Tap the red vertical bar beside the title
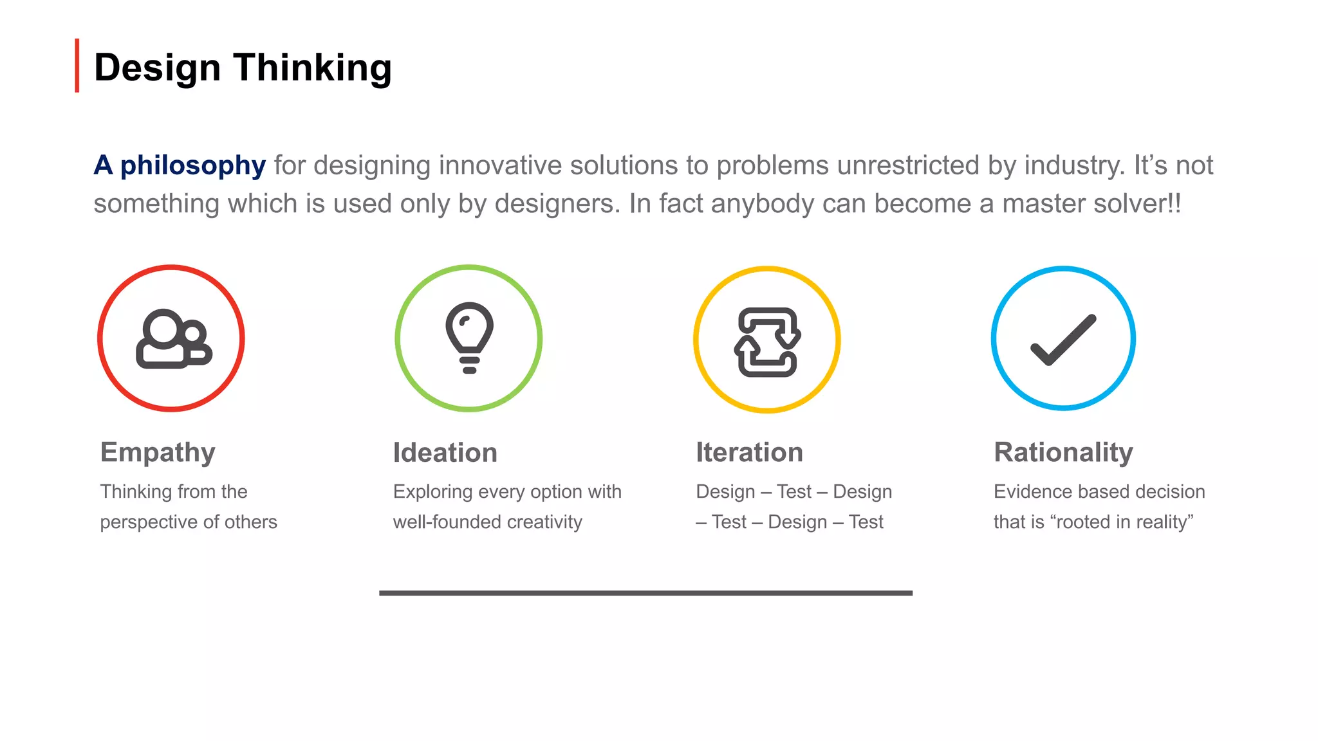pyautogui.click(x=77, y=66)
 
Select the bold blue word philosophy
pyautogui.click(x=192, y=166)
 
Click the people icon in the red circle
pyautogui.click(x=172, y=339)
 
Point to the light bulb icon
pyautogui.click(x=469, y=337)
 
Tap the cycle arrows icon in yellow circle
pyautogui.click(x=767, y=342)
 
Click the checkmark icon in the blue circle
pyautogui.click(x=1063, y=340)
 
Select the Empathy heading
pyautogui.click(x=158, y=453)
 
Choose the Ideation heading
pyautogui.click(x=445, y=453)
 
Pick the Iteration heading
pyautogui.click(x=749, y=453)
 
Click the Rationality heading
pyautogui.click(x=1063, y=453)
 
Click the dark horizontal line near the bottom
pyautogui.click(x=645, y=593)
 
